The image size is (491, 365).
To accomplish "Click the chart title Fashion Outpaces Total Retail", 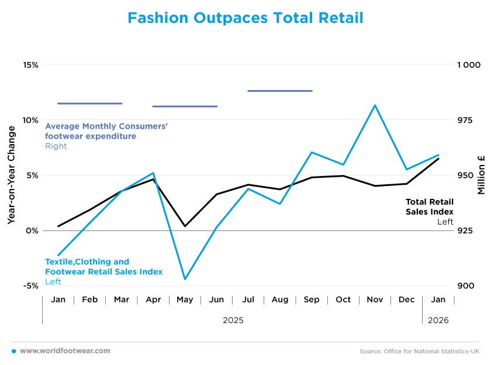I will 245,18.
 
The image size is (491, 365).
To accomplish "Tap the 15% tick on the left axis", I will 30,65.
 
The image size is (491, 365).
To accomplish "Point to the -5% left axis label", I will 30,286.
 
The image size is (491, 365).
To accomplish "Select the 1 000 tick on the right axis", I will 468,65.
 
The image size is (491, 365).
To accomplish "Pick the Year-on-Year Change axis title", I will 11,175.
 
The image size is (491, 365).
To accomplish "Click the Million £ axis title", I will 481,175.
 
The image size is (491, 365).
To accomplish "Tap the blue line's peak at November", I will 375,105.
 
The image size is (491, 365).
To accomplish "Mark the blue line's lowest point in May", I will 185,279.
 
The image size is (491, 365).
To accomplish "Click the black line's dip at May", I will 185,226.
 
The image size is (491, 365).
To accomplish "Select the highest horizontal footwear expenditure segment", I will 280,91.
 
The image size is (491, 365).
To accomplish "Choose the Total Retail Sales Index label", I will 430,206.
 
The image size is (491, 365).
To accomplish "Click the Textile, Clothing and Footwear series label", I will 103,267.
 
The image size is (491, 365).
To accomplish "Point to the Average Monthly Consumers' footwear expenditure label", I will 106,131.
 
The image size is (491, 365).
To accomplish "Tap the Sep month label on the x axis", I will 312,299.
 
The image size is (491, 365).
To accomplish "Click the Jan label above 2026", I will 438,299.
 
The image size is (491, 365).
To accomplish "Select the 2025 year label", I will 233,321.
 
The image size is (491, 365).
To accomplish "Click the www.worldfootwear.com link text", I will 65,351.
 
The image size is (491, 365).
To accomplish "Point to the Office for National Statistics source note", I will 419,351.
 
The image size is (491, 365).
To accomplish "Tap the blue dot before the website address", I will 13,351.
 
